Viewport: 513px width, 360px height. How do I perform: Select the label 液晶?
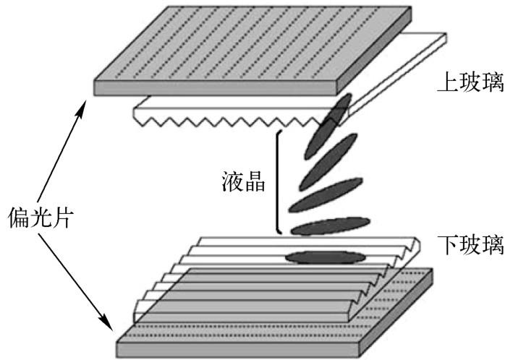click(x=242, y=182)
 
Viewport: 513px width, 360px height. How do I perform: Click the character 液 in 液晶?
click(x=231, y=182)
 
